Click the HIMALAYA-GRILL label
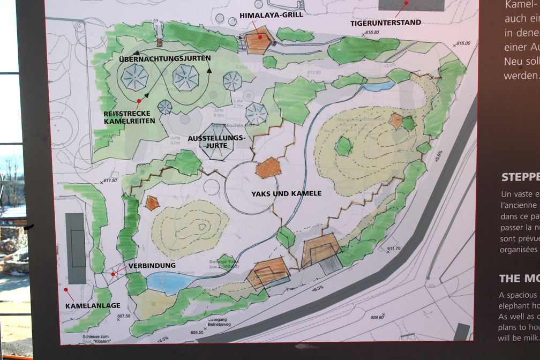[x=271, y=14]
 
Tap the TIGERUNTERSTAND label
[x=385, y=22]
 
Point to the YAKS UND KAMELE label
[x=286, y=193]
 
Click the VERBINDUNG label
[x=152, y=265]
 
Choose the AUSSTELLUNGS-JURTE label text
[x=216, y=141]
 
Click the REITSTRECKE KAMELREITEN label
[x=130, y=117]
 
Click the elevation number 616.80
[x=372, y=33]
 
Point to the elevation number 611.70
[x=394, y=248]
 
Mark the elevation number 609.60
[x=377, y=317]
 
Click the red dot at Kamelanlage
[x=66, y=290]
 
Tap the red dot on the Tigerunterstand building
[x=406, y=3]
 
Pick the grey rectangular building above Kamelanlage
[x=76, y=248]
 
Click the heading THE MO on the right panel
[x=517, y=278]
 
